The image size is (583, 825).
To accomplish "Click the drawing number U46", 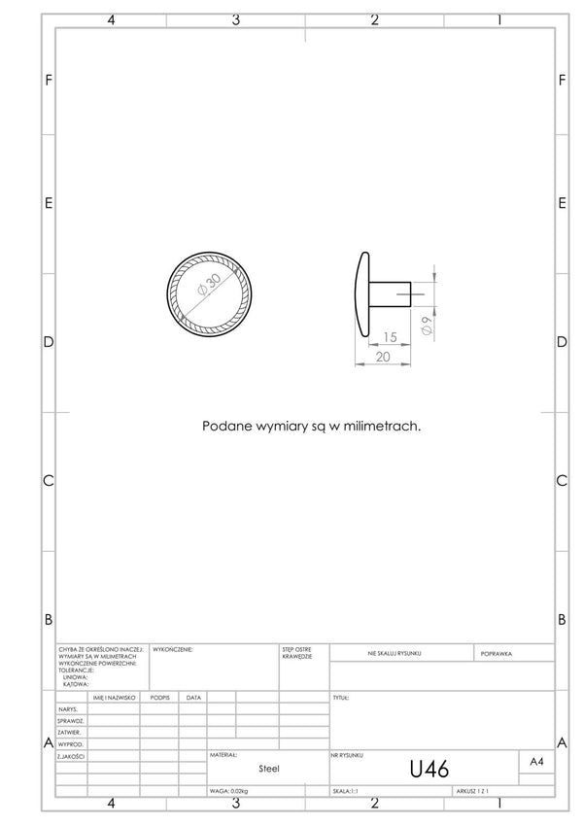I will [429, 770].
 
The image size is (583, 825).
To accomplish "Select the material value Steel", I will [269, 768].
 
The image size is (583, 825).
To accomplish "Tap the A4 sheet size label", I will [536, 763].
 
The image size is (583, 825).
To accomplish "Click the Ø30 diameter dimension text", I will [208, 288].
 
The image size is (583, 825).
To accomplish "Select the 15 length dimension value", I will [390, 337].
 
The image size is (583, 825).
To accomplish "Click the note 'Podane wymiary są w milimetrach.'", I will [311, 426].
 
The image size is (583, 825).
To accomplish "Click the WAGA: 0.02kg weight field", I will [229, 792].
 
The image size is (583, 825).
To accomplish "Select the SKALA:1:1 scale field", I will [345, 792].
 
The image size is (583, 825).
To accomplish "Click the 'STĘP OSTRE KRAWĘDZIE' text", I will [296, 652].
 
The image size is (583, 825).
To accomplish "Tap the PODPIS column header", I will [160, 698].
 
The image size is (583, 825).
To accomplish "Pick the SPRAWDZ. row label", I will [70, 721].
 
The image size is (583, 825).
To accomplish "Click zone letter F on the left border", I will [49, 79].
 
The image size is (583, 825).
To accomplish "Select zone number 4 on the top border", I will [111, 19].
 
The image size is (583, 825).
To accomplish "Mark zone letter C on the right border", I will [562, 480].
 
